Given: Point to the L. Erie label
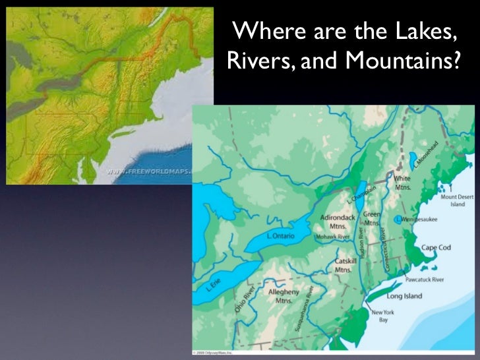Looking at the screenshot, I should pos(212,285).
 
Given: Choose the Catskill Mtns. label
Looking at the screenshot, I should pos(345,265).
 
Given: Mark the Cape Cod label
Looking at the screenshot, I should pos(435,248).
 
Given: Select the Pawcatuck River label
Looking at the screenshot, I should pos(425,280).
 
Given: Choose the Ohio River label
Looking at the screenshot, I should pos(243,300).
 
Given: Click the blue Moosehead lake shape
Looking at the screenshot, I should pos(413,162).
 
